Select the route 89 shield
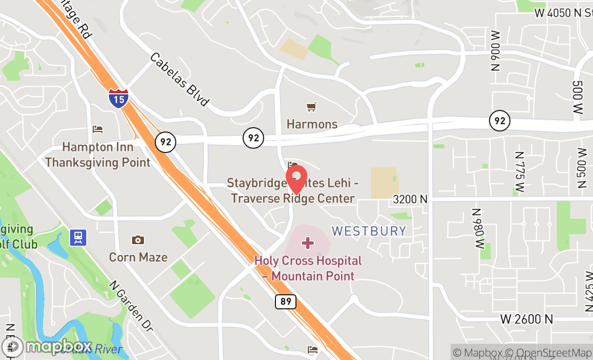pos(286,301)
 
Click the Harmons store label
pos(312,124)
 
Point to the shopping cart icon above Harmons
pos(312,107)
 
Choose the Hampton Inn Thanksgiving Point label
pos(98,154)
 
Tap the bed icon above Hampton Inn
pos(98,129)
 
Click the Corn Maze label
pos(139,257)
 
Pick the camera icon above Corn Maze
pos(138,240)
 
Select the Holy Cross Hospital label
pos(308,268)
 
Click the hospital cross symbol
pos(308,243)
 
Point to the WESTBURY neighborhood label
pos(369,231)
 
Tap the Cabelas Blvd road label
pos(180,79)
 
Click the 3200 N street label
pos(410,199)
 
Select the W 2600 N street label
pos(527,319)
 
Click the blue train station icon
pos(78,237)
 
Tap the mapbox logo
pos(47,345)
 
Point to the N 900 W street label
pos(496,51)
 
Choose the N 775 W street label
pos(520,171)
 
